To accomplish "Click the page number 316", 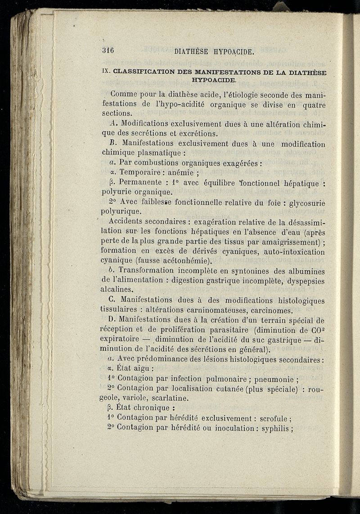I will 109,50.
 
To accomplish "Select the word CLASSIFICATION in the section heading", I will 144,72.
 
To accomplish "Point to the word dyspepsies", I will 302,281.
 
